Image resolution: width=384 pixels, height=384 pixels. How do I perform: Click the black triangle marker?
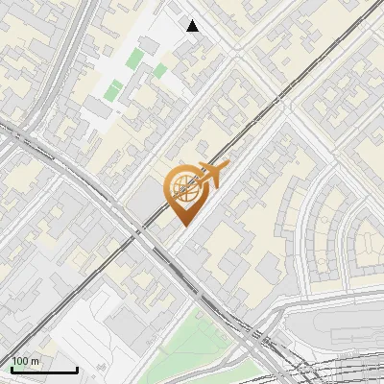193,26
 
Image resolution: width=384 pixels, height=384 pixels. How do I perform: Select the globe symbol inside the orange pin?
184,188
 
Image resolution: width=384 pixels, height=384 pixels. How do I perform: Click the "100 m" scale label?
26,361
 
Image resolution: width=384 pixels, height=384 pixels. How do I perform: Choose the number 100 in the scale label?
21,361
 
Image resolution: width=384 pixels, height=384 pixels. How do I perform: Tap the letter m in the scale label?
36,361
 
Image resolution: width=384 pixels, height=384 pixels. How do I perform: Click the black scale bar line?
44,370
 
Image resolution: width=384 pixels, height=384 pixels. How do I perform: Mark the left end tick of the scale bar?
12,368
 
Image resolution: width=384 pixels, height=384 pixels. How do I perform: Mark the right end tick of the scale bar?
77,368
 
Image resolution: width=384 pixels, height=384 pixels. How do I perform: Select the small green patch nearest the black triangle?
159,70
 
